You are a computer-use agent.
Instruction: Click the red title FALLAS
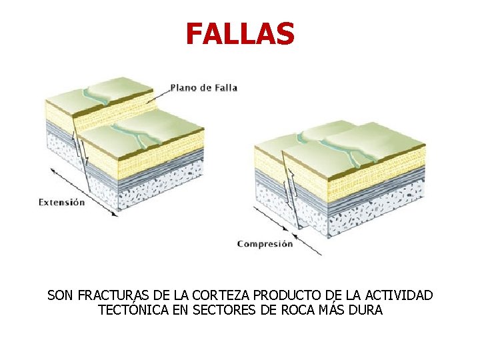click(x=240, y=34)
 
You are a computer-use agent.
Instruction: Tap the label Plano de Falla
click(x=204, y=87)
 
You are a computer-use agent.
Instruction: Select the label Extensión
click(x=62, y=202)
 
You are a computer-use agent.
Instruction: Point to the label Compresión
click(x=265, y=244)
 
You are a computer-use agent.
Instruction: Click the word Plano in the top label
click(x=183, y=87)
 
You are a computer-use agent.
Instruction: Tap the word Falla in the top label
click(x=225, y=87)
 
